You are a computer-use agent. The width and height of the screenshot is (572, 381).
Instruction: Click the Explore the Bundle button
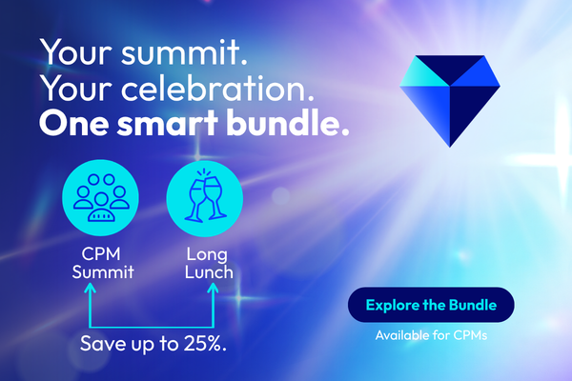click(x=431, y=305)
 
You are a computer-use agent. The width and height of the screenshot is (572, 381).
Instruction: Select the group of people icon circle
click(x=101, y=197)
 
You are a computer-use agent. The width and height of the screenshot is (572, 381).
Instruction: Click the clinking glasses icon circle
click(x=205, y=198)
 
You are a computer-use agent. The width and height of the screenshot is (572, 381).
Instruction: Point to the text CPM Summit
click(x=103, y=263)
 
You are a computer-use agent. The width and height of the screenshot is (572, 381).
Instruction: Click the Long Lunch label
click(x=209, y=263)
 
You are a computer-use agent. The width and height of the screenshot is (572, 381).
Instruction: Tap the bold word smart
click(x=168, y=124)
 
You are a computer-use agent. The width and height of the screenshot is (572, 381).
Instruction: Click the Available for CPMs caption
click(x=431, y=335)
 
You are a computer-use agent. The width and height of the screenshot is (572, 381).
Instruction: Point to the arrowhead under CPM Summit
click(x=90, y=289)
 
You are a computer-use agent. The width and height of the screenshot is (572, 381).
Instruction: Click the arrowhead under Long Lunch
click(x=213, y=289)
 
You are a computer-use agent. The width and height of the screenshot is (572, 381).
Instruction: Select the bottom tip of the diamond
click(x=450, y=148)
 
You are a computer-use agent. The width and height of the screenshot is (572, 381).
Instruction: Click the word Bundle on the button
click(x=473, y=305)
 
